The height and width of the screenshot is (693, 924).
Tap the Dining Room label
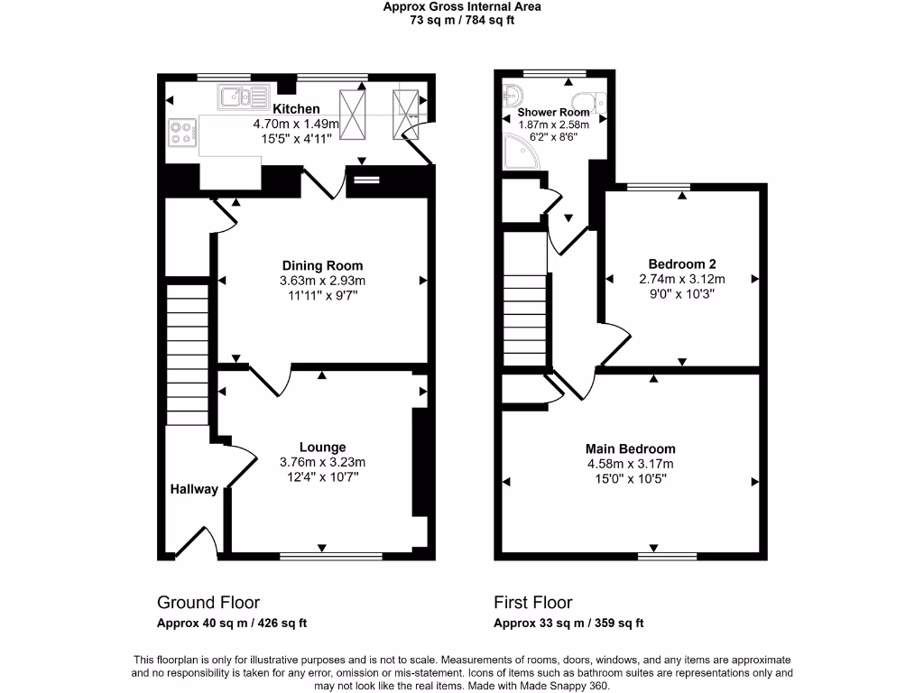pyautogui.click(x=322, y=265)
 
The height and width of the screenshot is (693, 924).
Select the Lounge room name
pyautogui.click(x=322, y=448)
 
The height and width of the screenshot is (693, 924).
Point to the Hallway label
pyautogui.click(x=194, y=489)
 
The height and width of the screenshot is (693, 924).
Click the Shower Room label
pyautogui.click(x=553, y=113)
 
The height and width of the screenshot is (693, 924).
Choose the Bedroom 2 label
pyautogui.click(x=681, y=264)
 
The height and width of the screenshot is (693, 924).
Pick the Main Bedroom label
pyautogui.click(x=630, y=448)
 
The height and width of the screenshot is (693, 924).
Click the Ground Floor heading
pyautogui.click(x=208, y=603)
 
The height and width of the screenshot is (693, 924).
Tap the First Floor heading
pyautogui.click(x=532, y=603)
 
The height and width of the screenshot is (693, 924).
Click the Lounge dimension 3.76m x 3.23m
pyautogui.click(x=322, y=463)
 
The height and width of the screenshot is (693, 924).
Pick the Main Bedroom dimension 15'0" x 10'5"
pyautogui.click(x=630, y=479)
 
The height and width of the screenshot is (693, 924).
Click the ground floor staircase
pyautogui.click(x=188, y=352)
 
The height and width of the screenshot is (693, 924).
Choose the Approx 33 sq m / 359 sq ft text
pyautogui.click(x=568, y=624)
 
